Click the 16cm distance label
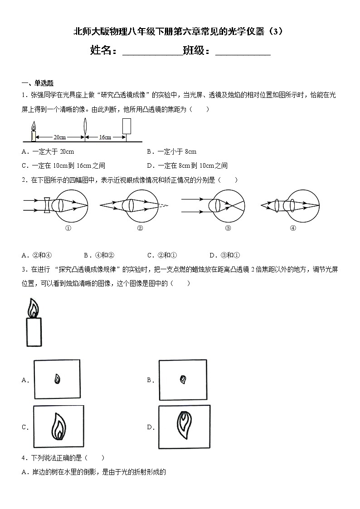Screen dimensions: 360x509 point(105,137)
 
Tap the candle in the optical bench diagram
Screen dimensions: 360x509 point(33,132)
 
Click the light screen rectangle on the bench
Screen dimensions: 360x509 point(127,126)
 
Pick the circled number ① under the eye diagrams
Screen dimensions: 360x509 point(68,228)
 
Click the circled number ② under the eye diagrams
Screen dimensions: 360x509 point(140,228)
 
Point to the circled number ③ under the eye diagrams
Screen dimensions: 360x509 point(228,228)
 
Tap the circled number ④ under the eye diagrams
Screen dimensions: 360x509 point(292,228)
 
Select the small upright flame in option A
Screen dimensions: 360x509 point(58,379)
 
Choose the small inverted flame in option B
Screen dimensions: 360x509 point(183,379)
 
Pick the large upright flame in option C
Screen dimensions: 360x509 point(58,426)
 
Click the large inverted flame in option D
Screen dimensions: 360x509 point(184,425)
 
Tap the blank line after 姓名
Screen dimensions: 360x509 point(152,51)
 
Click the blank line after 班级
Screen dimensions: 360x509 point(243,51)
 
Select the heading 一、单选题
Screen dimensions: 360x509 point(38,83)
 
